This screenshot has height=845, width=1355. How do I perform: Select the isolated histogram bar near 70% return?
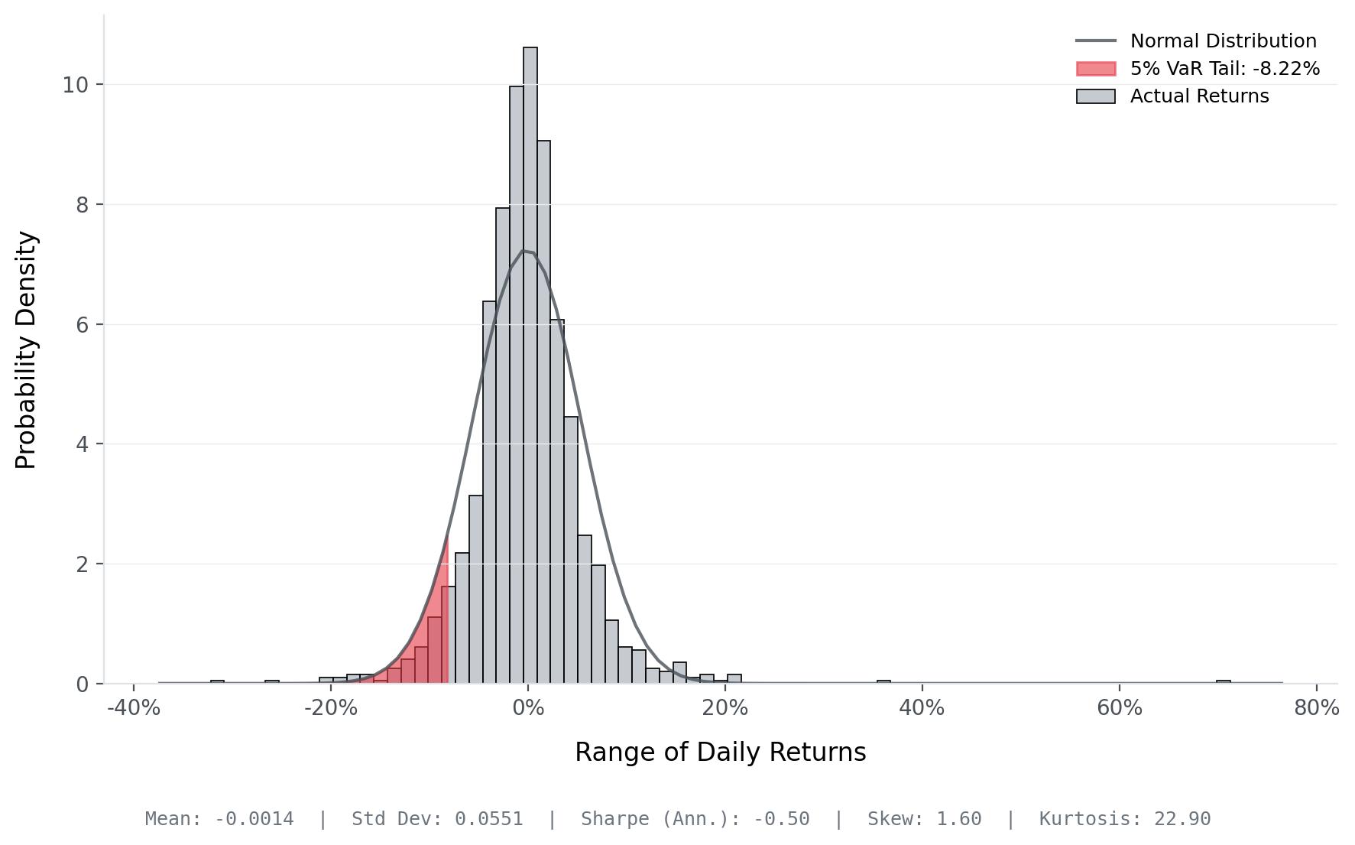(1223, 681)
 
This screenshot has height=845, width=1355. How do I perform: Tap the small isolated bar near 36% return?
(883, 681)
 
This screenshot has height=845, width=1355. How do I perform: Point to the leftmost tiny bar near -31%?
(217, 681)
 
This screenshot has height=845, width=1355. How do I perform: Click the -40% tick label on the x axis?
(134, 708)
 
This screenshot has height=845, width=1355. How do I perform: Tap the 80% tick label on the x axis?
(1316, 708)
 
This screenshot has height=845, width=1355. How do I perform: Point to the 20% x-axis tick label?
(725, 708)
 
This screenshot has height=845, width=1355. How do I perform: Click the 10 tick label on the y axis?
(75, 85)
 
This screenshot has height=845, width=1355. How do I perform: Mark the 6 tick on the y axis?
(83, 325)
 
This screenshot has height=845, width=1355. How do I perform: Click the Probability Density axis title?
(26, 349)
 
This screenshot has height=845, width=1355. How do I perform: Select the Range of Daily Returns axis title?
(720, 752)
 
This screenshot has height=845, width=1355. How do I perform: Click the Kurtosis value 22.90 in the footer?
(1182, 819)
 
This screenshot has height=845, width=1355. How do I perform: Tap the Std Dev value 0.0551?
(488, 819)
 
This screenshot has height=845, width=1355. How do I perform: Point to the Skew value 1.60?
(958, 819)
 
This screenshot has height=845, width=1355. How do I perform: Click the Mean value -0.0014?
(254, 819)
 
